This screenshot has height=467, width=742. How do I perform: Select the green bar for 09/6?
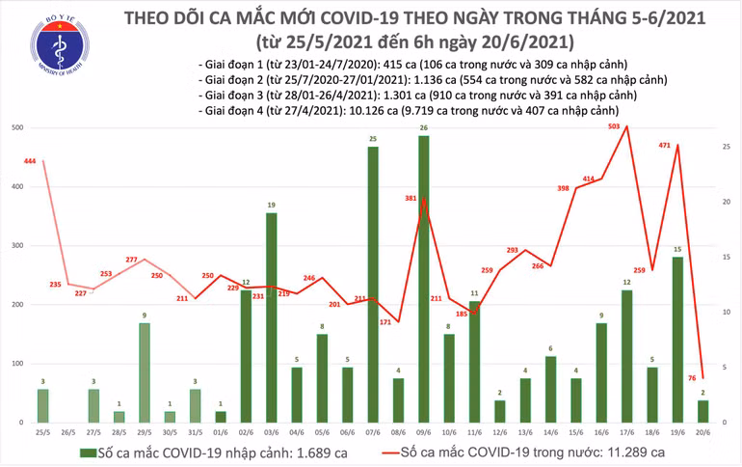(424, 279)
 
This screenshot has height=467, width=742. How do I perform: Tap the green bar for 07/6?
(373, 285)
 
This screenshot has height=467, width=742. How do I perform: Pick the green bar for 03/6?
(272, 317)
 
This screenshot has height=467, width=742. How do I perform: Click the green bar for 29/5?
(145, 372)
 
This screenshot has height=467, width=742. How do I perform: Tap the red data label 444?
(30, 161)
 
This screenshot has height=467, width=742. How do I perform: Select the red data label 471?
(665, 145)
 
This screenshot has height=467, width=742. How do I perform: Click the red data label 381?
(411, 199)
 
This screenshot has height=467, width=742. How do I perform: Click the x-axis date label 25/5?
(42, 432)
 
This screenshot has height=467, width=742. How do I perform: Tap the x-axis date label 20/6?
(702, 432)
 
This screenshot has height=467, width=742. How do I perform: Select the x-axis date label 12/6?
(500, 432)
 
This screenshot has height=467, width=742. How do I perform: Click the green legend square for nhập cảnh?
(88, 452)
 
